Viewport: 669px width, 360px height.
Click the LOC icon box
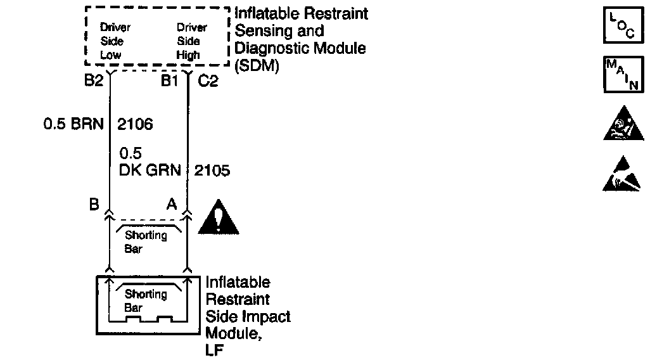point(623,26)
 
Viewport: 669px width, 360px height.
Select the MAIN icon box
point(623,75)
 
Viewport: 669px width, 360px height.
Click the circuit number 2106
point(135,124)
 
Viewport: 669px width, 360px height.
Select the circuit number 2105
point(212,170)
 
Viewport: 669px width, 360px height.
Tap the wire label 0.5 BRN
point(73,124)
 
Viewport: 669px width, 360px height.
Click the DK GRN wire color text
point(150,170)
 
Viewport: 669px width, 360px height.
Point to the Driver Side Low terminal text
point(115,41)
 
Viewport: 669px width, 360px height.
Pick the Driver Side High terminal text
point(192,41)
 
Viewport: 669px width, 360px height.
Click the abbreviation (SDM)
point(257,66)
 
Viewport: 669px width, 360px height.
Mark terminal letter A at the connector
point(171,205)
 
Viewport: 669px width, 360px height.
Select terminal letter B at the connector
point(94,205)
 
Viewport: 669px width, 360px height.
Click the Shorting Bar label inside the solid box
point(145,301)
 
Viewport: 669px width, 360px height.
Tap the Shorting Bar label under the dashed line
point(145,242)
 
